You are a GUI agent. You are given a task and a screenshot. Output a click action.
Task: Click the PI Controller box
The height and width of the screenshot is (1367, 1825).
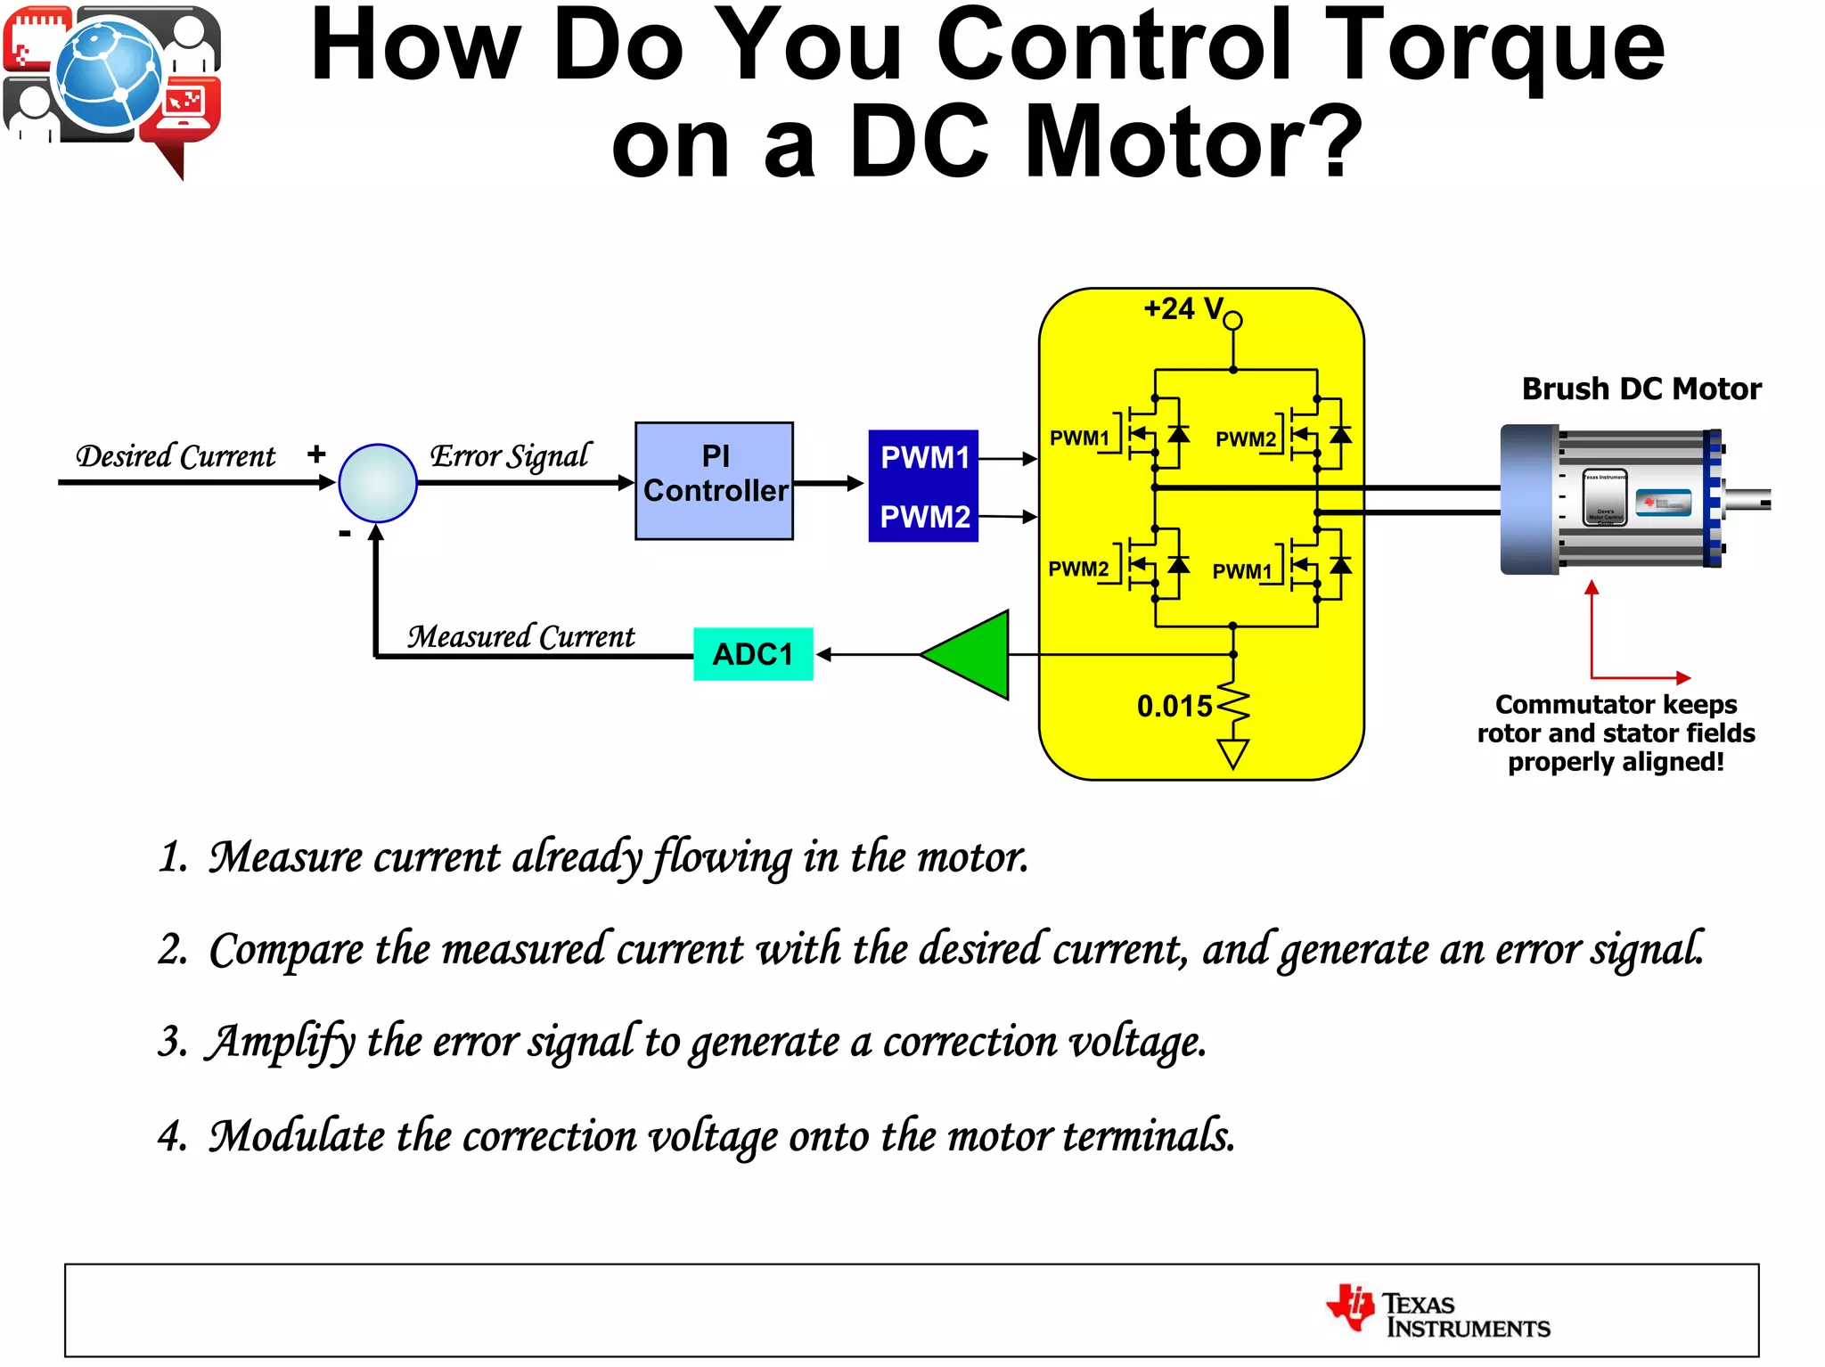(714, 480)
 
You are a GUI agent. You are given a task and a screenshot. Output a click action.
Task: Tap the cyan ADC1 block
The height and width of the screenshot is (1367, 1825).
(753, 654)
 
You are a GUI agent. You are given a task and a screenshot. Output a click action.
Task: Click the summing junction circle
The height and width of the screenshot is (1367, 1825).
(378, 483)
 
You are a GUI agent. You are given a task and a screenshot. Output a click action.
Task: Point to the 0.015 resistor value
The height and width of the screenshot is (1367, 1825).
(1174, 707)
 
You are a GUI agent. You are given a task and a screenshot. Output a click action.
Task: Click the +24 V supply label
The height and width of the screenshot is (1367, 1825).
(1183, 309)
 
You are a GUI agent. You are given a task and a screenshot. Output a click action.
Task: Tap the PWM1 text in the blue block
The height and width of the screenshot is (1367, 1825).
(924, 458)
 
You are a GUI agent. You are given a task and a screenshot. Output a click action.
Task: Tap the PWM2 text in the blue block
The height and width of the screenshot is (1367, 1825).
(924, 517)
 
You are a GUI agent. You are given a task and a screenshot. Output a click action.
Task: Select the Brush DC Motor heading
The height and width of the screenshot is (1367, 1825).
(1641, 389)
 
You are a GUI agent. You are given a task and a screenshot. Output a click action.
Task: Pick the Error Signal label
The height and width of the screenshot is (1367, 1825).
(510, 455)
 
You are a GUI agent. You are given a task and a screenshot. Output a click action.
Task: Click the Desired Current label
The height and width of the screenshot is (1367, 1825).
(176, 456)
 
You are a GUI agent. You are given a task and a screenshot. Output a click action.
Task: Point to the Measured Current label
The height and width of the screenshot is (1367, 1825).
(521, 637)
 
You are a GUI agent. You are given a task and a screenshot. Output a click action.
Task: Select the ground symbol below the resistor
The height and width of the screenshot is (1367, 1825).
(1232, 754)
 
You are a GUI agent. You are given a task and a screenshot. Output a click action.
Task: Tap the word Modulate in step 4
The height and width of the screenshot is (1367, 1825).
(297, 1135)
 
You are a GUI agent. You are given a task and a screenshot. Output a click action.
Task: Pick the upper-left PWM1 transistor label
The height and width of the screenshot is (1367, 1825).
(1078, 438)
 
